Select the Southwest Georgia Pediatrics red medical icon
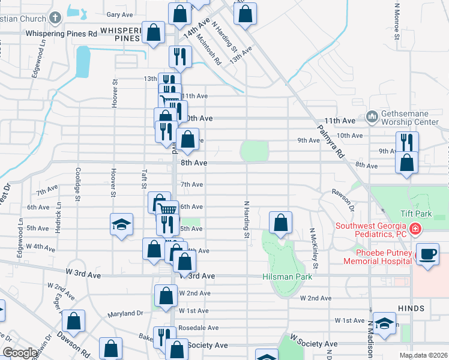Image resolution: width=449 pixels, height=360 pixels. (415, 229)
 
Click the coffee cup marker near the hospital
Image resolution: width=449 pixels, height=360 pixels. (427, 254)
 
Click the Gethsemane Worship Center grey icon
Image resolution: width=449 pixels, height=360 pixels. (372, 115)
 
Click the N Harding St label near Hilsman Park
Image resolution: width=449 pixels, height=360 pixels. (246, 219)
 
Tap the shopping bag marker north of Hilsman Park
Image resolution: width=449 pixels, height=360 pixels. (280, 223)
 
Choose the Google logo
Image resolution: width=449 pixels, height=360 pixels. (20, 353)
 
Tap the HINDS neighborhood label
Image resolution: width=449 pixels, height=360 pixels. (411, 308)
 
